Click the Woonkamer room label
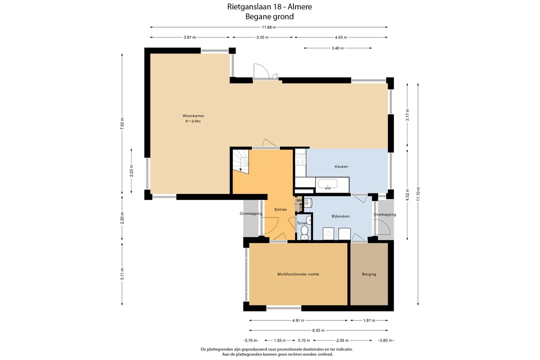coord(193,116)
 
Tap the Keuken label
coord(341,166)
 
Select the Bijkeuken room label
coord(340,216)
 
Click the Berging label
coord(369,274)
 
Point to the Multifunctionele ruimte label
coord(298,274)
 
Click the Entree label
coord(280,209)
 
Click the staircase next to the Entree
coord(240,160)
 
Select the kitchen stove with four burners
coord(300,159)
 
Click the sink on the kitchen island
coord(328,184)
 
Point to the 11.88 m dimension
coord(269,27)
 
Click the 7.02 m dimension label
coord(122,123)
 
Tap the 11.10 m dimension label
coord(418,193)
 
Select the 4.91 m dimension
coord(298,320)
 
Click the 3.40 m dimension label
coord(337,48)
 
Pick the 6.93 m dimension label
coord(318,330)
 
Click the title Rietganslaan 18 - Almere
coord(269,6)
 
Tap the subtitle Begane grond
coord(269,16)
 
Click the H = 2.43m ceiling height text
coord(193,121)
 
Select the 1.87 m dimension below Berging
coord(369,320)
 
